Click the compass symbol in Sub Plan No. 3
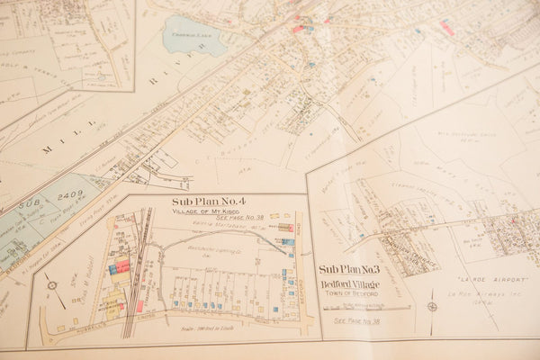[x=432, y=306]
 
